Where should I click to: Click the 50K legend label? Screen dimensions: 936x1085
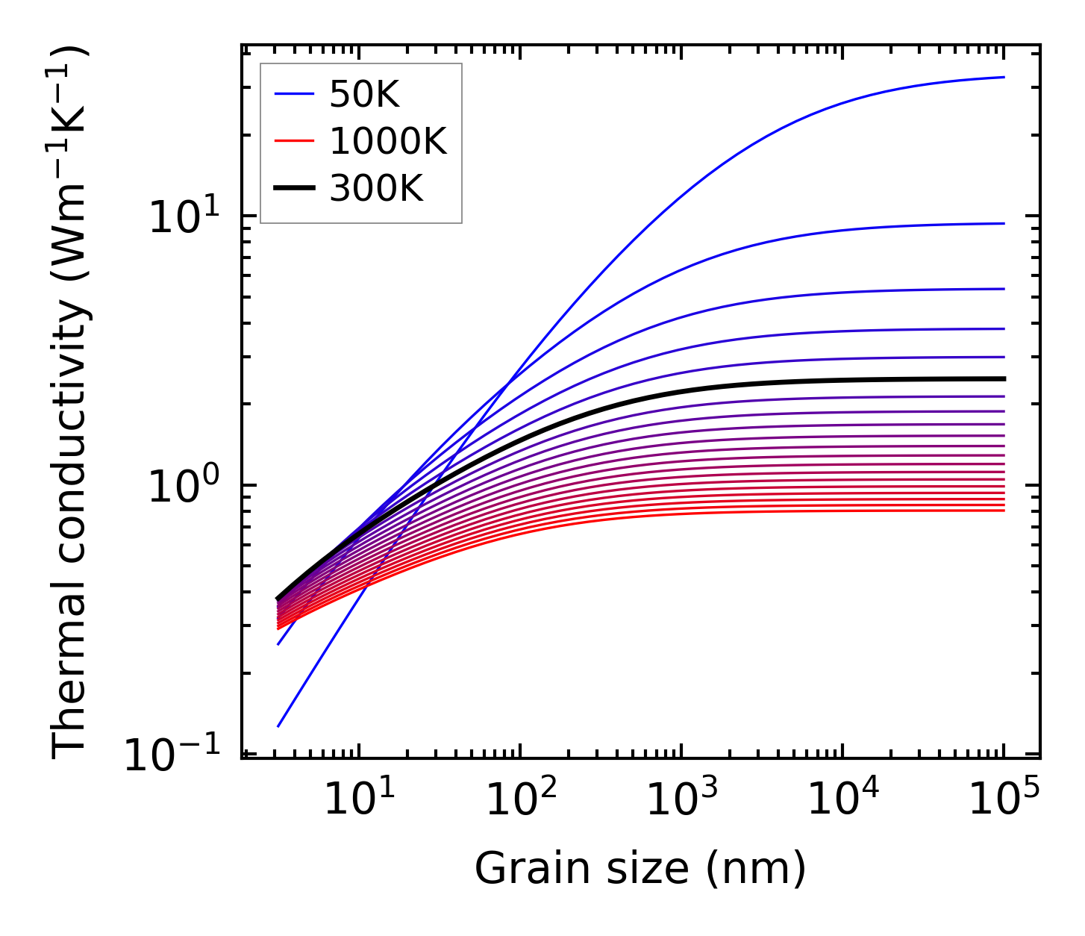[x=365, y=95]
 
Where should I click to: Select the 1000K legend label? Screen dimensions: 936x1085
[x=388, y=141]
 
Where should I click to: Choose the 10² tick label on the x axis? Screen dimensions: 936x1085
[x=520, y=798]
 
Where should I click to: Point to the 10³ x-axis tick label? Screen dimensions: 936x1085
[x=681, y=798]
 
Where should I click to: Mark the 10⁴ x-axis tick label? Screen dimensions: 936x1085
[x=842, y=798]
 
